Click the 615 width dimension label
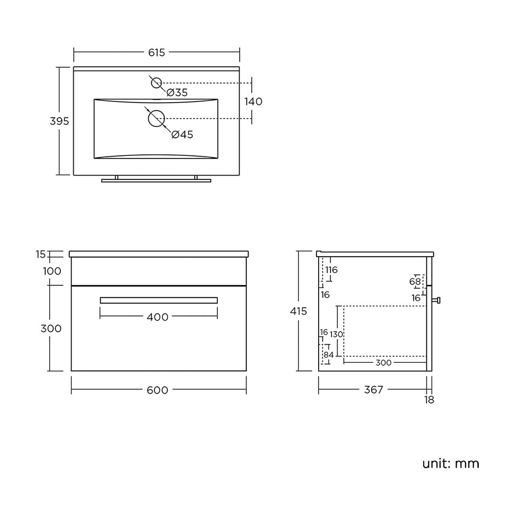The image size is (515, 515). (156, 52)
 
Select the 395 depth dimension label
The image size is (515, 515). (60, 121)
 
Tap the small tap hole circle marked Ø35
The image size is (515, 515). (156, 83)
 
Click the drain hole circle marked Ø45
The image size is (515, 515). (156, 118)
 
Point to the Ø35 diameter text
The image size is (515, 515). (177, 93)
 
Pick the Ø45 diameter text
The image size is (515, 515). (182, 134)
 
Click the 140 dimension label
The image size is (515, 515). (253, 102)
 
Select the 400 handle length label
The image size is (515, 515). (158, 317)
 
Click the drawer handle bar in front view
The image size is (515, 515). (159, 300)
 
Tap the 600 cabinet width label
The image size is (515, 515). (158, 390)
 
